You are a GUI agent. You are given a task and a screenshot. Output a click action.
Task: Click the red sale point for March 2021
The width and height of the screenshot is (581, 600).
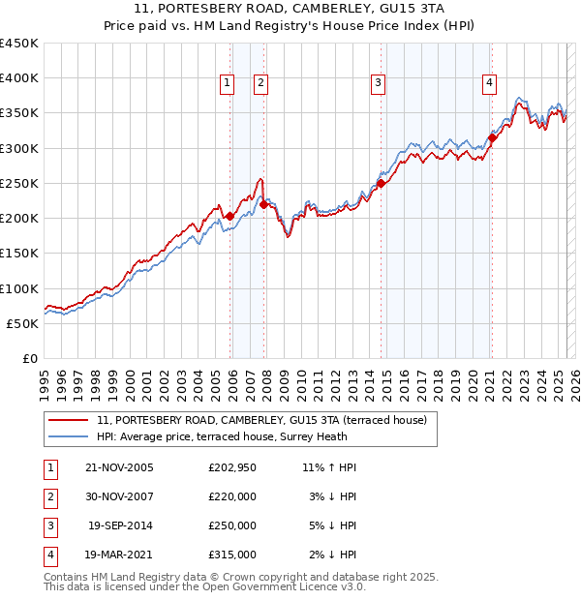point(492,137)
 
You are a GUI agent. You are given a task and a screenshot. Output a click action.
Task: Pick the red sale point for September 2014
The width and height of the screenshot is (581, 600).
point(381,183)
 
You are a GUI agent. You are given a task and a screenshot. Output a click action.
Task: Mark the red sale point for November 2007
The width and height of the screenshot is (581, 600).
point(264,204)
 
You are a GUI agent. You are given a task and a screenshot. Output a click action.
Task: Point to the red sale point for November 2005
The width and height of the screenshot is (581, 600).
point(229,216)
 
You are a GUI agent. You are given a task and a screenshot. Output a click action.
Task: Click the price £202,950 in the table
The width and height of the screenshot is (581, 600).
point(231,467)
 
